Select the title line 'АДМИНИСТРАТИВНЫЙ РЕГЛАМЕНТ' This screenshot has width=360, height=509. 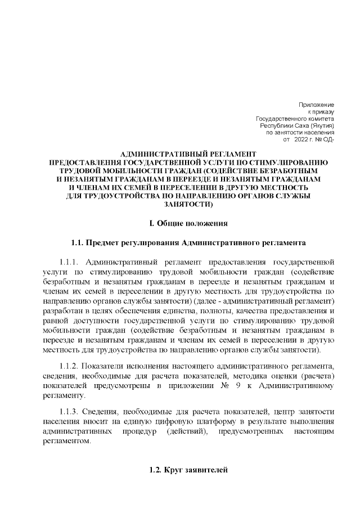[180, 154]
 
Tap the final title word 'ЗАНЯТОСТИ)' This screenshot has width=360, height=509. [180, 205]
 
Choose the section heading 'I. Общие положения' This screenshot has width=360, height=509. [180, 223]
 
